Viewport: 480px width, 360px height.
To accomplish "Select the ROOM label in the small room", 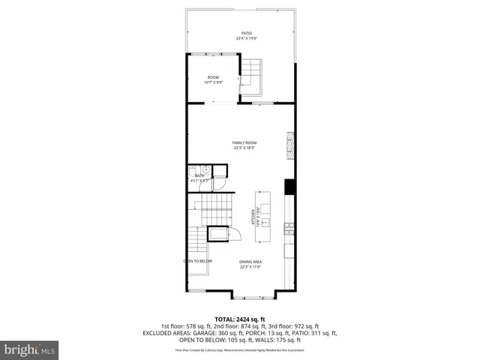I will (x=213, y=77).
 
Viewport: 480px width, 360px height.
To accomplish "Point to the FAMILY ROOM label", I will (x=244, y=142).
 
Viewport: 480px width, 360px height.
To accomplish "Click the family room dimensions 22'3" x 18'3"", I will (x=244, y=148).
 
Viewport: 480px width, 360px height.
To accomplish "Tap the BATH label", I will (x=199, y=175).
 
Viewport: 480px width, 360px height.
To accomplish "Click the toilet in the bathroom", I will (x=193, y=170).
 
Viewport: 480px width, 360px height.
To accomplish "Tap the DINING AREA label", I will (x=250, y=261).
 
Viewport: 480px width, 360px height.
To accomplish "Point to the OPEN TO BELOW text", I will (x=198, y=261).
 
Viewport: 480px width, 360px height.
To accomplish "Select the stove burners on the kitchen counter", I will (x=289, y=226).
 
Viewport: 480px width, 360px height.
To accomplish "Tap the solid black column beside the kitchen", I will (x=289, y=187).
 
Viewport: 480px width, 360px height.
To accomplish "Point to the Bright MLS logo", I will (x=29, y=349).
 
